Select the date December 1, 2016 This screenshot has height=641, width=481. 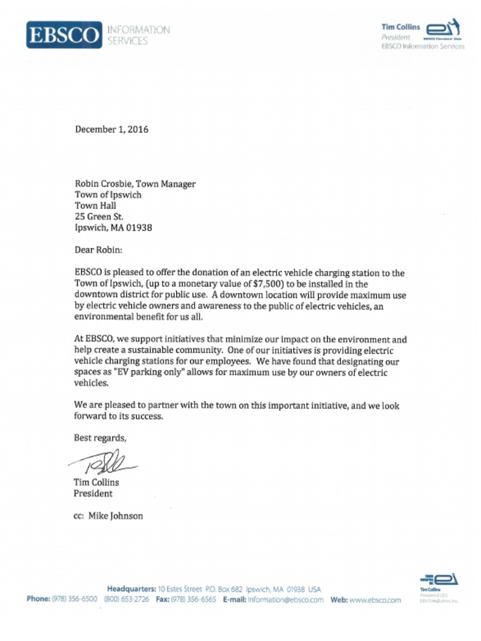click(x=111, y=130)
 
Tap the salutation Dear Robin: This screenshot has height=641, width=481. click(x=98, y=250)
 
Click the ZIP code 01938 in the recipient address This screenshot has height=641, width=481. click(x=138, y=228)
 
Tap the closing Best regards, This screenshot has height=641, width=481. click(x=100, y=438)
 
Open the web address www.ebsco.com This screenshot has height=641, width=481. click(x=375, y=599)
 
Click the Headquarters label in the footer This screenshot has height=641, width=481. click(x=131, y=589)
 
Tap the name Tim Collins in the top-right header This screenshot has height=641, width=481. click(x=400, y=27)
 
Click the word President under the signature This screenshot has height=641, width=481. click(x=93, y=493)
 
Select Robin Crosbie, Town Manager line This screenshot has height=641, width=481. click(x=135, y=183)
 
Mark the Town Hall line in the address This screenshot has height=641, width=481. click(x=95, y=205)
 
